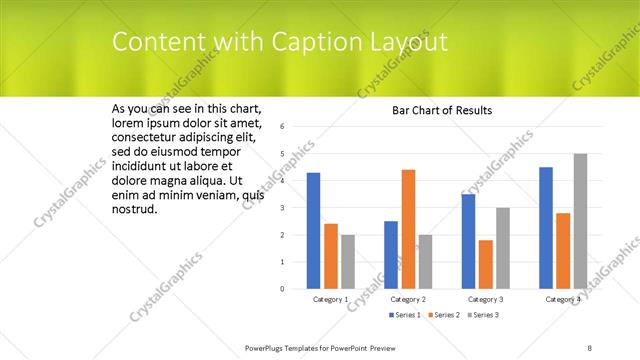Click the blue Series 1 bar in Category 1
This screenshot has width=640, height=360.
[x=313, y=231]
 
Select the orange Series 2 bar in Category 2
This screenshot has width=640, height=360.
[x=408, y=229]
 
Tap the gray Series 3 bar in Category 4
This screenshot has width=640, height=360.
[x=580, y=221]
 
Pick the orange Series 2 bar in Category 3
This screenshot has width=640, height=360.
[x=485, y=264]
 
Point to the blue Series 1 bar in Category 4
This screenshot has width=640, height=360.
[x=545, y=228]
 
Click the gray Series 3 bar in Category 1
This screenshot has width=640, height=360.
[x=348, y=262]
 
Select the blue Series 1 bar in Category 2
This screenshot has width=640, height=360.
[x=390, y=255]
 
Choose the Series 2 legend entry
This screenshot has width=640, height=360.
[x=443, y=315]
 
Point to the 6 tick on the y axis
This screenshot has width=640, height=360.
[x=283, y=126]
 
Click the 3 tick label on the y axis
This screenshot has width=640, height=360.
[x=283, y=208]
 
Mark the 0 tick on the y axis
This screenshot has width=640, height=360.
[x=283, y=289]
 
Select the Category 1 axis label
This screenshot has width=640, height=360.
[x=331, y=299]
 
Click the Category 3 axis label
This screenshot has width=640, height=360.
[x=485, y=299]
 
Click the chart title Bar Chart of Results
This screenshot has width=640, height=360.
[x=442, y=110]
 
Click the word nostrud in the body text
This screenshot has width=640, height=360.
[x=134, y=210]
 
